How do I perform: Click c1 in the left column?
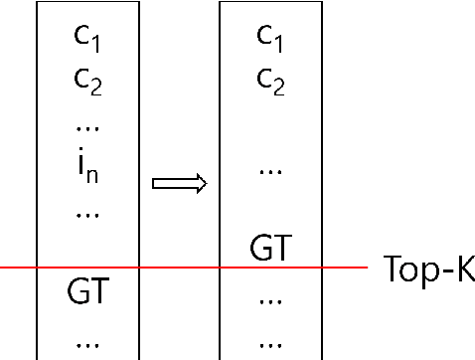pyautogui.click(x=86, y=38)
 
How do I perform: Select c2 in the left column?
pyautogui.click(x=86, y=81)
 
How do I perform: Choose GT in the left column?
pyautogui.click(x=86, y=293)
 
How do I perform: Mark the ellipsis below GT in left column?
pyautogui.click(x=86, y=342)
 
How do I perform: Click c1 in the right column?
pyautogui.click(x=269, y=38)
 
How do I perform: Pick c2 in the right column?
pyautogui.click(x=269, y=81)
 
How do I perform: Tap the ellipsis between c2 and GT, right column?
pyautogui.click(x=269, y=171)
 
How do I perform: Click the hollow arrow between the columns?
pyautogui.click(x=179, y=183)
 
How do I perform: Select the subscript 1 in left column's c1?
pyautogui.click(x=96, y=45)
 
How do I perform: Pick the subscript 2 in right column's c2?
pyautogui.click(x=279, y=88)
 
